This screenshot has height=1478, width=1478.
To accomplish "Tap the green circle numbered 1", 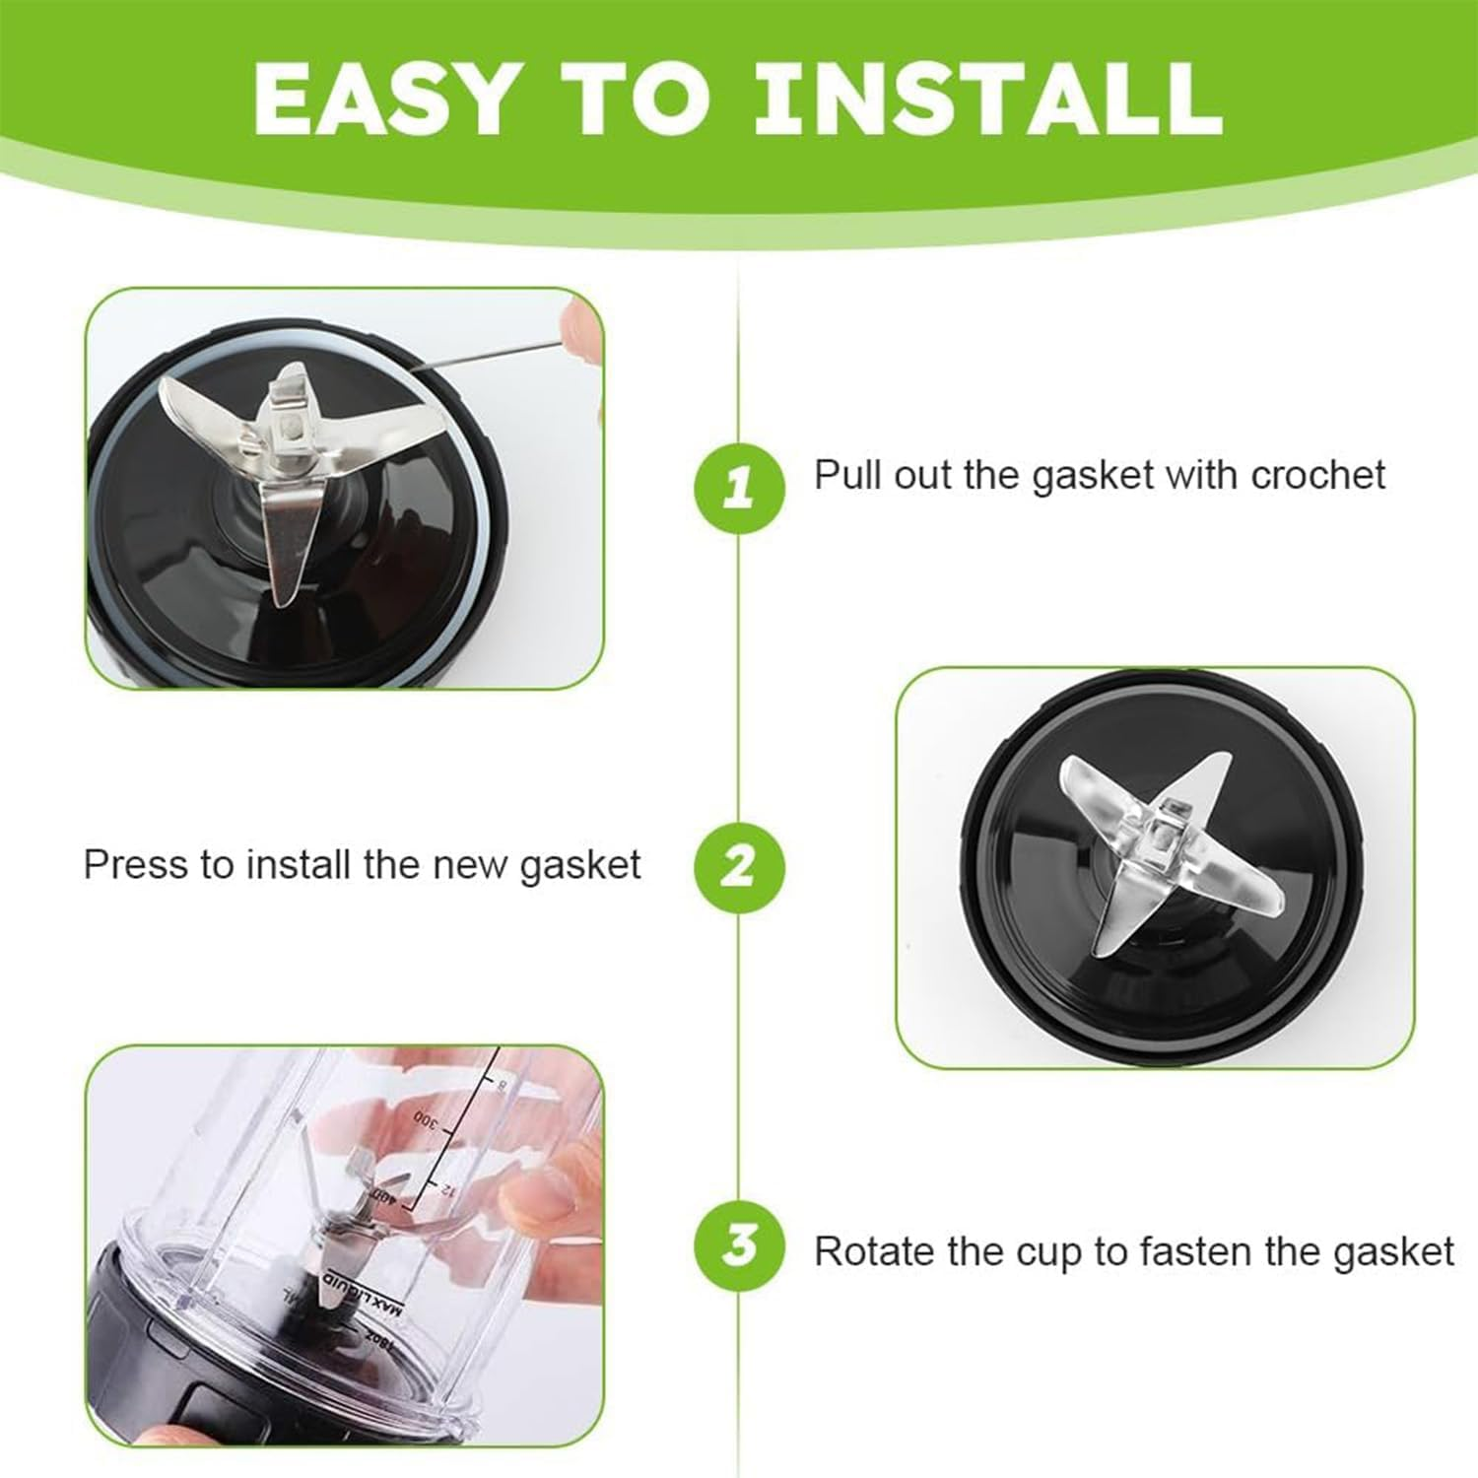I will point(739,487).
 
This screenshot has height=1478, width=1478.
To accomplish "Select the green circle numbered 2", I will point(739,866).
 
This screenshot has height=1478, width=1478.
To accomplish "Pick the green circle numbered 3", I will point(739,1246).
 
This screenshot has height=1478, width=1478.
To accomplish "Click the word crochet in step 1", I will point(1317,475).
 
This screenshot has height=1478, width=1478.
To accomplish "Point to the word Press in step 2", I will point(136,865).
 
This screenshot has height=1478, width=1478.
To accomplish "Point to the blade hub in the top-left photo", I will point(289,430).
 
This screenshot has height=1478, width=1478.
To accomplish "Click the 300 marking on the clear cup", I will point(425,1118).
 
